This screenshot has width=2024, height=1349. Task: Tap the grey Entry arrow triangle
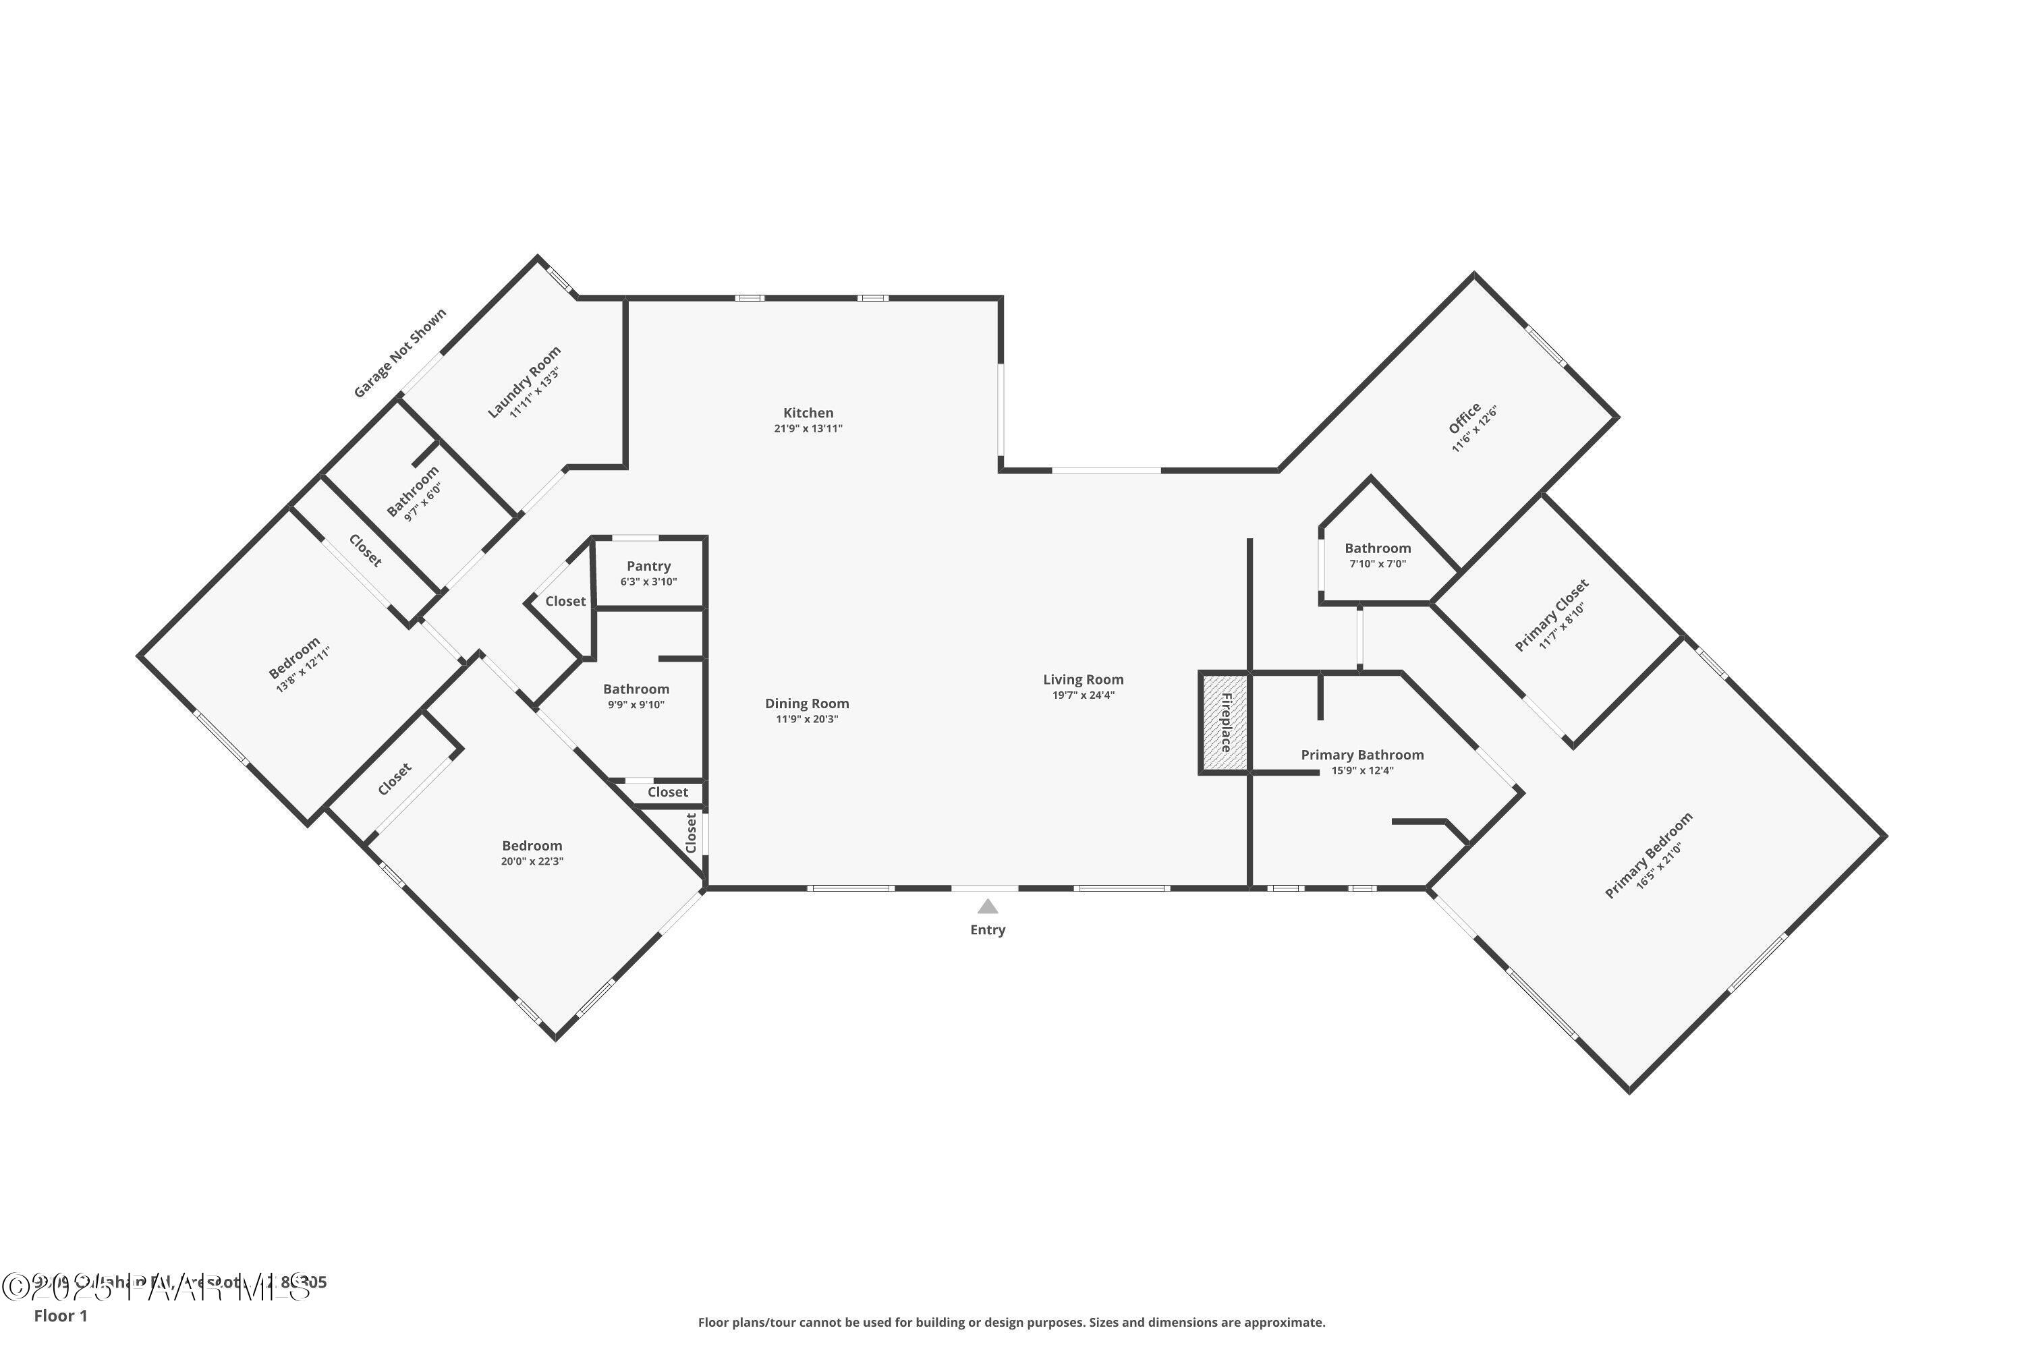click(x=988, y=907)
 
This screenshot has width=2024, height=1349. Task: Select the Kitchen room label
click(x=808, y=413)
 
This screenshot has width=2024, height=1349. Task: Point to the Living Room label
click(x=1084, y=680)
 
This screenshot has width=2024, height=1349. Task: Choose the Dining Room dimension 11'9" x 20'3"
click(x=807, y=719)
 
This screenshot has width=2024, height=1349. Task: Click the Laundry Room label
click(x=524, y=382)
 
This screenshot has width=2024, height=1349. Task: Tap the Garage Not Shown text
click(x=400, y=353)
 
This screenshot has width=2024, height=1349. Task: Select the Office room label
click(x=1464, y=418)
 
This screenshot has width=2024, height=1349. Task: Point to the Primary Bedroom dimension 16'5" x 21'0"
click(x=1658, y=865)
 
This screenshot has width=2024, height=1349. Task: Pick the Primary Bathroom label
click(x=1362, y=755)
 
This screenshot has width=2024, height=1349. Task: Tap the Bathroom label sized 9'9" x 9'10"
click(x=636, y=689)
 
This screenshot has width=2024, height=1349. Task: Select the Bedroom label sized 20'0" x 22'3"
click(x=532, y=846)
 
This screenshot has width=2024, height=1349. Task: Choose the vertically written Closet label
click(x=691, y=833)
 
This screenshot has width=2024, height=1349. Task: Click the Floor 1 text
click(x=60, y=1317)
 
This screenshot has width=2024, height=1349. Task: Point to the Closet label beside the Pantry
click(x=565, y=602)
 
